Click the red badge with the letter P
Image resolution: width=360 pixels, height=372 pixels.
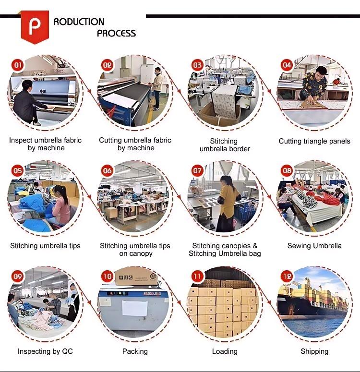(x=35, y=26)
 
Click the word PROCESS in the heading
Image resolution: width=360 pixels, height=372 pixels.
(x=116, y=33)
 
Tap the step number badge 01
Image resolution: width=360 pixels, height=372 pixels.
(x=18, y=65)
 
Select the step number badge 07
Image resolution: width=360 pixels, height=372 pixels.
(x=197, y=170)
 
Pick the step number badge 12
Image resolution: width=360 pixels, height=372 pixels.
(x=287, y=276)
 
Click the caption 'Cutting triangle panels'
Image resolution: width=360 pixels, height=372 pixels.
(x=314, y=141)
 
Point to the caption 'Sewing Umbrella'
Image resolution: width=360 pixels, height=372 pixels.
(x=314, y=246)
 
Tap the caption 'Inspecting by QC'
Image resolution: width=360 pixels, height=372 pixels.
(x=45, y=351)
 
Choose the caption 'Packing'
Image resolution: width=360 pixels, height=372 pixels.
(x=135, y=351)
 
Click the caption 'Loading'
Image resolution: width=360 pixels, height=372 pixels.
(x=225, y=351)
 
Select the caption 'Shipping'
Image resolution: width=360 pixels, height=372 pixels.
(x=314, y=351)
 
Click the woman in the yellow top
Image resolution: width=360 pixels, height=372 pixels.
(x=227, y=204)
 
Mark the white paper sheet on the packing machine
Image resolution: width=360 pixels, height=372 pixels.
(x=134, y=308)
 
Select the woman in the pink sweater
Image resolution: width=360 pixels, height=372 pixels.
(x=60, y=206)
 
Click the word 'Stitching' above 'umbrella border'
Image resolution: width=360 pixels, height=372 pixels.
(x=224, y=141)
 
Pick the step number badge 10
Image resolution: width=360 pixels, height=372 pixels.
(x=107, y=276)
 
